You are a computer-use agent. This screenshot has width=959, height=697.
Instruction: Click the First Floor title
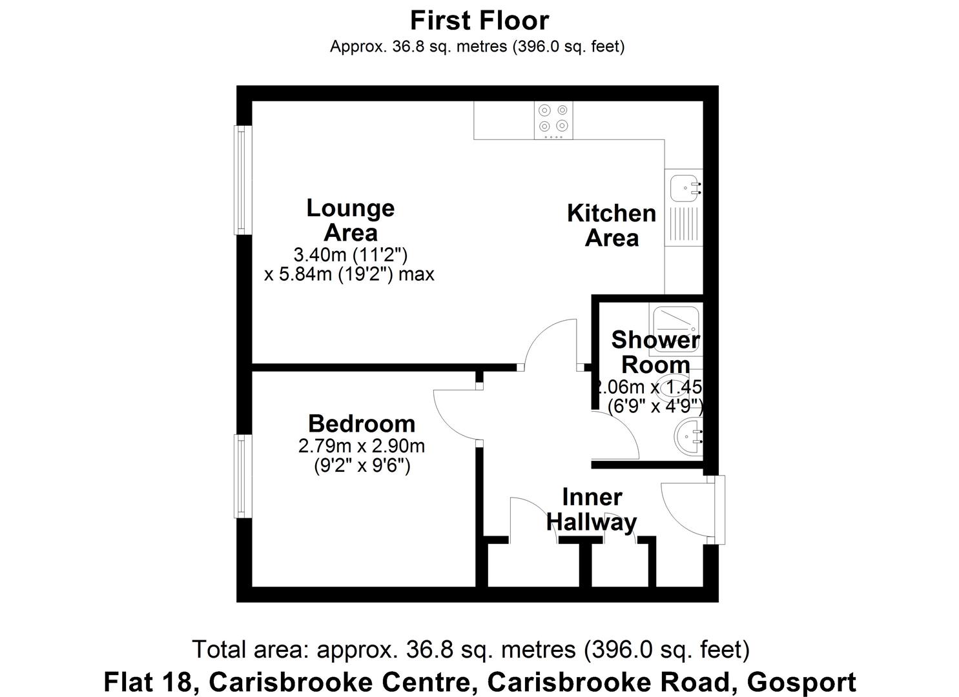coord(479,21)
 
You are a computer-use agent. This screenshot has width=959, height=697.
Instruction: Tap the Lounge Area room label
coord(350,220)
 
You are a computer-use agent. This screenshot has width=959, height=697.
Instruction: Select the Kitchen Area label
coord(612,225)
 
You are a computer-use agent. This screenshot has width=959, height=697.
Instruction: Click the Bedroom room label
coord(362,423)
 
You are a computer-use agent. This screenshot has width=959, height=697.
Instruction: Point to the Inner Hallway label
coord(592,509)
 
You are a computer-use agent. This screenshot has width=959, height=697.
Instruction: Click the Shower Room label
coord(655,352)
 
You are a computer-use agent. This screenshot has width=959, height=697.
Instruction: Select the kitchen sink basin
coord(683,188)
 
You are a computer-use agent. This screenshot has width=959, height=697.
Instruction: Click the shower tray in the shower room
coord(675,325)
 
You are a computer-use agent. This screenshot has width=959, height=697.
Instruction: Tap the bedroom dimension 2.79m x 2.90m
coord(362,445)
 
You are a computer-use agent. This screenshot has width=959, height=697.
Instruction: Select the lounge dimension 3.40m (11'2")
coord(351,254)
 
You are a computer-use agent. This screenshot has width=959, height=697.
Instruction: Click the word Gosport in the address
coord(801,682)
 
